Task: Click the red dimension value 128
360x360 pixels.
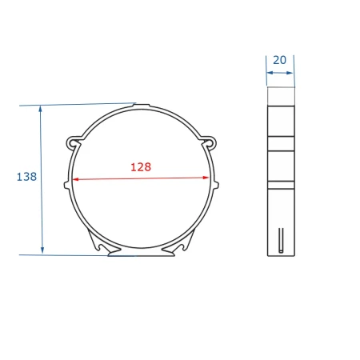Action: pyautogui.click(x=141, y=167)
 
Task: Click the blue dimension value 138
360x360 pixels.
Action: pyautogui.click(x=26, y=177)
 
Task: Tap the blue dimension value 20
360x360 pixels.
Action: pyautogui.click(x=279, y=60)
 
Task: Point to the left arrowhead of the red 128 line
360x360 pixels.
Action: pyautogui.click(x=75, y=179)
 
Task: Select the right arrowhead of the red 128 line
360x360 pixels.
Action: pyautogui.click(x=206, y=178)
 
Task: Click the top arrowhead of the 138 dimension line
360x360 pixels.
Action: pyautogui.click(x=41, y=109)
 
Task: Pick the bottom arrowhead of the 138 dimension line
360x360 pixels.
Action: pyautogui.click(x=42, y=250)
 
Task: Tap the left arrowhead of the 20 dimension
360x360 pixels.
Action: pyautogui.click(x=270, y=73)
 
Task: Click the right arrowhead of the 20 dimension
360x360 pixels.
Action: pyautogui.click(x=290, y=73)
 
